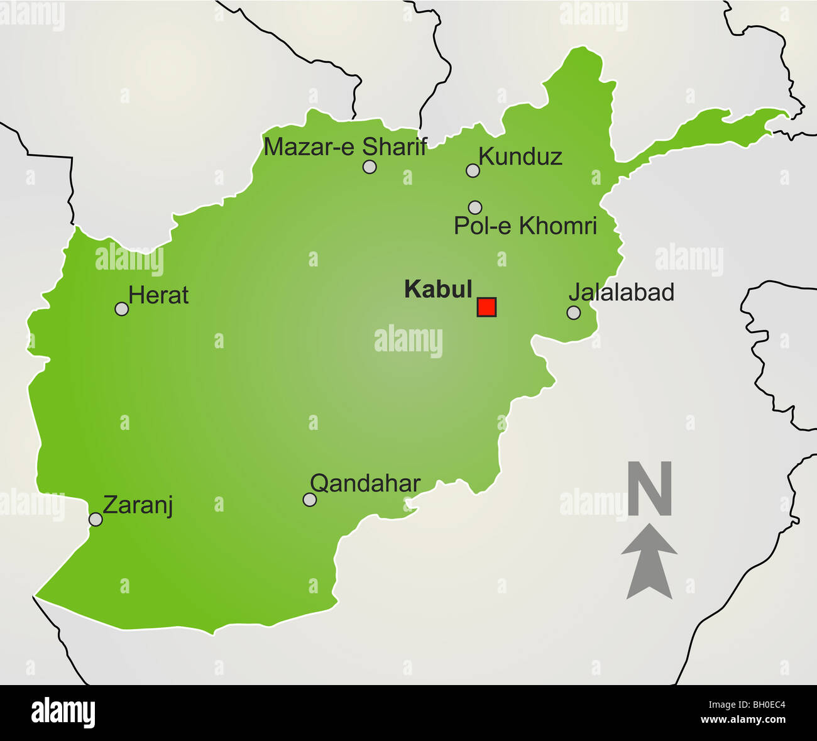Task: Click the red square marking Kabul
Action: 486,307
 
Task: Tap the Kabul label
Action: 438,289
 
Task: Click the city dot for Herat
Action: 122,309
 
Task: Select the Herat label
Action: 158,295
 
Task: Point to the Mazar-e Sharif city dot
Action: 370,167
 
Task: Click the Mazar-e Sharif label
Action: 345,147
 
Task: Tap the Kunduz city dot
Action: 473,170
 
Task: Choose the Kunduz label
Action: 520,156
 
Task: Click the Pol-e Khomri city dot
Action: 475,207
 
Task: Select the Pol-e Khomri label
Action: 525,226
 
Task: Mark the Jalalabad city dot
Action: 573,312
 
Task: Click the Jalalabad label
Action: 621,292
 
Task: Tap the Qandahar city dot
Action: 309,500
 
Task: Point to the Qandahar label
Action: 365,483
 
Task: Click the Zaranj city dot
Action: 96,519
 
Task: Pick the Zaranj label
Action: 138,505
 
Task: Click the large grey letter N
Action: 650,489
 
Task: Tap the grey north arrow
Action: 649,561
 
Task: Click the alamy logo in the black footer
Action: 63,713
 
